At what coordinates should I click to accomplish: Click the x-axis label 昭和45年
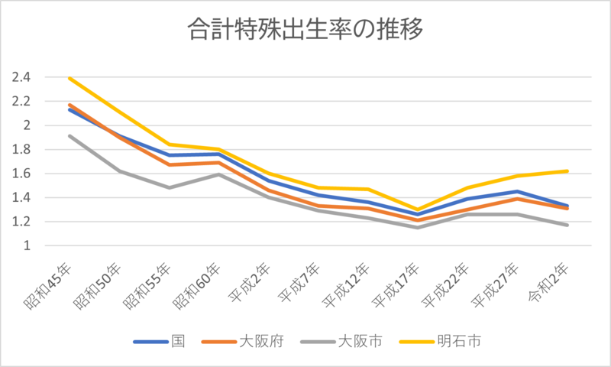click(52, 286)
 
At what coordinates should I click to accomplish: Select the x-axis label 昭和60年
click(201, 286)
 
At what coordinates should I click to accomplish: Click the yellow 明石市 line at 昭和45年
click(70, 78)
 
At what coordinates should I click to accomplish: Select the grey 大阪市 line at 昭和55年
click(169, 187)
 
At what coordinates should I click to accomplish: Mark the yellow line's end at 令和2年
click(566, 171)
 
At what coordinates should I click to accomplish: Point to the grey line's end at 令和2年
click(566, 225)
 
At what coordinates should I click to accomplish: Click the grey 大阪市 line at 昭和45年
click(70, 136)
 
